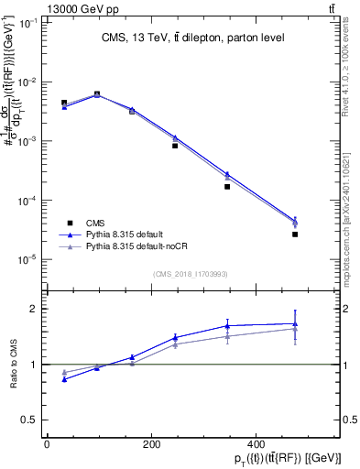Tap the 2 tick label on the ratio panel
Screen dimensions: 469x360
(34, 309)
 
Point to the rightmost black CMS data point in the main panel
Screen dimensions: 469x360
(295, 234)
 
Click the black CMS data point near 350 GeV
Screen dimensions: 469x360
(226, 187)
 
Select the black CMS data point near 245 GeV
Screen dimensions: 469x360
(175, 146)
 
